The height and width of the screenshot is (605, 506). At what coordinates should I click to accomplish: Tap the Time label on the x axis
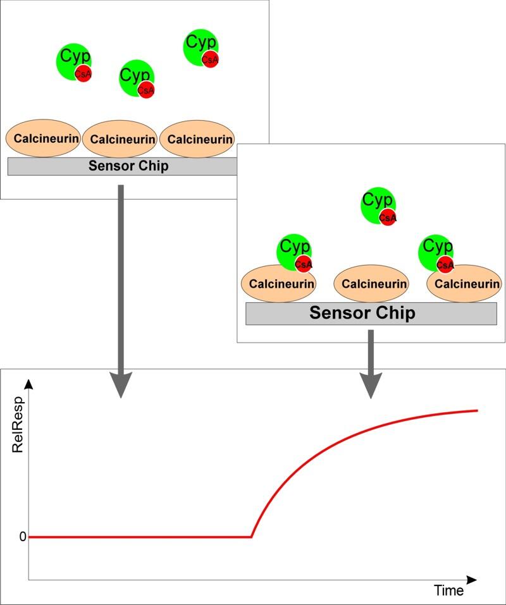448,590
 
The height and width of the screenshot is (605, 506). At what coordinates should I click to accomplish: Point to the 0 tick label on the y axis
23,537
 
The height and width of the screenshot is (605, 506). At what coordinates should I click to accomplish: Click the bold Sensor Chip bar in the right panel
371,314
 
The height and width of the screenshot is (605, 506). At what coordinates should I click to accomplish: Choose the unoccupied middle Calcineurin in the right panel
371,284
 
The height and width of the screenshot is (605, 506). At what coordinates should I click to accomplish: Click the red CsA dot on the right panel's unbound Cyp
388,217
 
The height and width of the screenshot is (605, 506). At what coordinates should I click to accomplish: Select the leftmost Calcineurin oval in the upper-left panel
43,138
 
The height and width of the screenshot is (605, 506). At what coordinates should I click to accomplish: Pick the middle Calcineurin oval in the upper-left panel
120,139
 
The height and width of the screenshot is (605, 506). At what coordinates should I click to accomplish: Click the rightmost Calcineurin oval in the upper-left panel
197,139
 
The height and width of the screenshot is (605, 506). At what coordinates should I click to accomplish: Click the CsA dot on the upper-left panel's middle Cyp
145,90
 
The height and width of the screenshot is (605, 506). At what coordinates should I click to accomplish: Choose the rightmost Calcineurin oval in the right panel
465,284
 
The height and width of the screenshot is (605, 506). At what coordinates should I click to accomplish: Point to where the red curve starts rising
252,537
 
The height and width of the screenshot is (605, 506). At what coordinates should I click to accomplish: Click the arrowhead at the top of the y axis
28,383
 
